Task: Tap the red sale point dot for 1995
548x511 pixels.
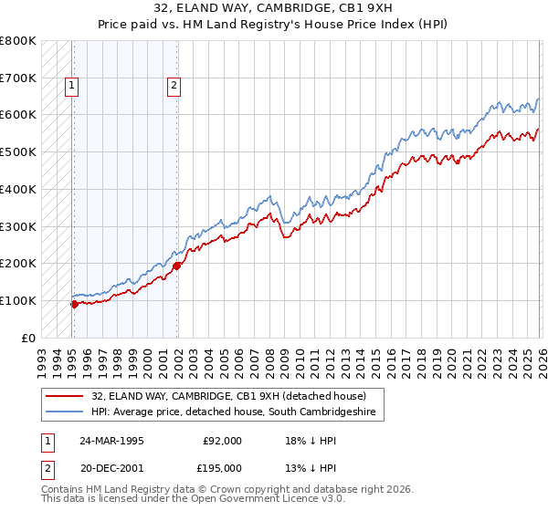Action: [74, 304]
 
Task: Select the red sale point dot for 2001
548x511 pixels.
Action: [176, 266]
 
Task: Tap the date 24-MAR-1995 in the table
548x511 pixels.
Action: [111, 441]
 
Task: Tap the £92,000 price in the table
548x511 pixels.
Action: [222, 441]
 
